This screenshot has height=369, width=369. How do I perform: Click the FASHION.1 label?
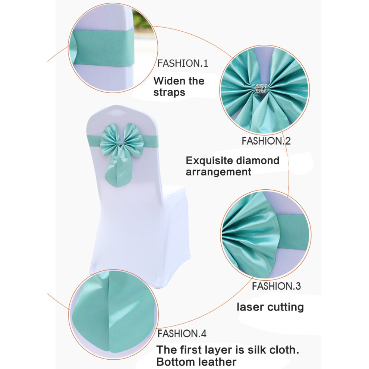click(x=183, y=63)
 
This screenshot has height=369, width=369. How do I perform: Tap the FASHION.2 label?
click(x=266, y=141)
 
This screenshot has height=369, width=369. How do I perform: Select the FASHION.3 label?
click(x=276, y=286)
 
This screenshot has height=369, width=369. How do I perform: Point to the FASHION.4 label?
click(x=182, y=334)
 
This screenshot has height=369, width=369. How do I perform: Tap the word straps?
click(x=169, y=92)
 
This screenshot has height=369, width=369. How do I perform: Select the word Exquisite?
click(x=209, y=161)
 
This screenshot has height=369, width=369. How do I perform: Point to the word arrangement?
click(x=218, y=172)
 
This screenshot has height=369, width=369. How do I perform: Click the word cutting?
click(x=285, y=307)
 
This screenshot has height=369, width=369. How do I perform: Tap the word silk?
click(x=255, y=350)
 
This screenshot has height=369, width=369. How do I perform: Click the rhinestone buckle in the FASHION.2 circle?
click(x=262, y=89)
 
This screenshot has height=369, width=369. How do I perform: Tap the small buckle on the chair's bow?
click(x=121, y=143)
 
